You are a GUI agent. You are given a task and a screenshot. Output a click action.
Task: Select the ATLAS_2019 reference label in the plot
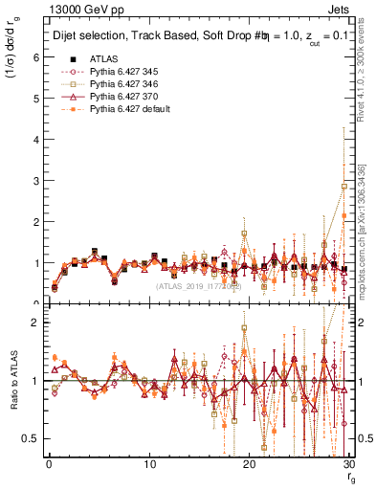pos(197,286)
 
